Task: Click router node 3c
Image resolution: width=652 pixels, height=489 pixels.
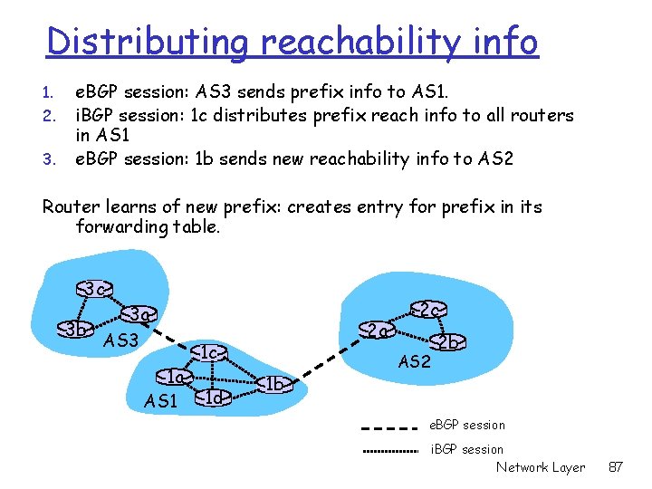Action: (93, 290)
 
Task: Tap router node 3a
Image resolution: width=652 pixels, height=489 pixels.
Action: (138, 314)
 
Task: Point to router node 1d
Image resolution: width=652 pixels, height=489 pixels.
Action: (213, 398)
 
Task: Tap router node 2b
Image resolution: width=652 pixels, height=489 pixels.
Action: (449, 342)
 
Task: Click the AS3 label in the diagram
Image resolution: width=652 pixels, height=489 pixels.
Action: (120, 341)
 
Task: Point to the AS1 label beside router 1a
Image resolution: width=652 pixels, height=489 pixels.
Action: (160, 400)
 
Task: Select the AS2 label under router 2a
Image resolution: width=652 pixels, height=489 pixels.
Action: (414, 361)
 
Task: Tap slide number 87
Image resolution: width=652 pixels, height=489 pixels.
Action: (616, 467)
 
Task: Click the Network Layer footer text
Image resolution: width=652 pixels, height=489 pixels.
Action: (541, 467)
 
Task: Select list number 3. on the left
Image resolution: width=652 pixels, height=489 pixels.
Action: (50, 159)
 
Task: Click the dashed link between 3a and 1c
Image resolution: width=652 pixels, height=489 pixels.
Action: (176, 334)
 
